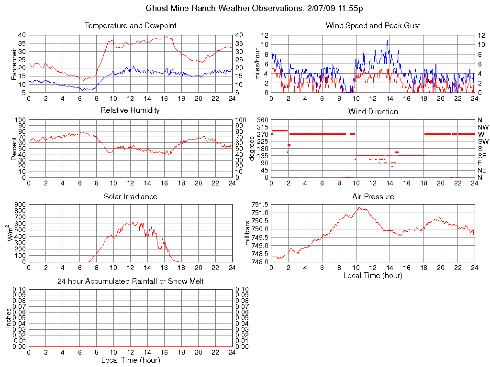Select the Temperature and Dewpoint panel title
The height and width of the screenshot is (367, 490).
point(130,25)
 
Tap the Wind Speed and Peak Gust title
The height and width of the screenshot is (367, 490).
point(373,25)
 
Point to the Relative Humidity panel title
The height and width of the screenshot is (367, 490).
point(130,110)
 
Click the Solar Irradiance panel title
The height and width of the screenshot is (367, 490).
point(130,196)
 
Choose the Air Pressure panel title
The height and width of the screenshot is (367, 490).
point(373,196)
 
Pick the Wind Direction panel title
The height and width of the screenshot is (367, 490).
point(373,111)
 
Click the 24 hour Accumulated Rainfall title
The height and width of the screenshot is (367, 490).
point(130,281)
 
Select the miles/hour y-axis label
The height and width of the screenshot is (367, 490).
point(257,64)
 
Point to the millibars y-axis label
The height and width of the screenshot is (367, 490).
point(247,233)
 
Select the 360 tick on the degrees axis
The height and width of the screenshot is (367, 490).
point(262,120)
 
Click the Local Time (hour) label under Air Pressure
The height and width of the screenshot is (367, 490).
point(373,275)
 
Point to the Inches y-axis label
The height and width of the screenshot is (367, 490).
point(9,317)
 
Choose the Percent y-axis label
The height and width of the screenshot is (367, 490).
point(14,148)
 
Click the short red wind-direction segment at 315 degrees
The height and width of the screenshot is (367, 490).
point(279,130)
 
